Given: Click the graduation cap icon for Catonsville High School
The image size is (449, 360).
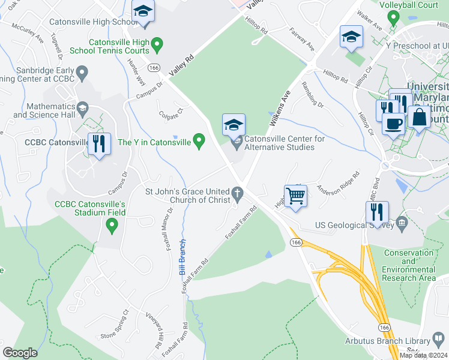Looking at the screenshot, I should coord(143,11).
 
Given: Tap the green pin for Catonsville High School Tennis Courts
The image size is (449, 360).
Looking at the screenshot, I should coord(157,44).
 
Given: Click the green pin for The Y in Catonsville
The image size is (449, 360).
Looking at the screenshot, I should coord(200,142).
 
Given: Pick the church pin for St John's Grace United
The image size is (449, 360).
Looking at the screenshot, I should coord(238,194).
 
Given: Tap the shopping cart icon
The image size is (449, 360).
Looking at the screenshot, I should coord(295,196).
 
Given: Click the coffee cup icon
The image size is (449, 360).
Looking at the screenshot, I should coord(393,124).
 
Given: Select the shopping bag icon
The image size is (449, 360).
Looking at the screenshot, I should coord(419,116).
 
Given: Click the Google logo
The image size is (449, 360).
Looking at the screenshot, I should coord(20,352).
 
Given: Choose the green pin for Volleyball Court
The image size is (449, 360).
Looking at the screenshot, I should coord(393,17).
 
